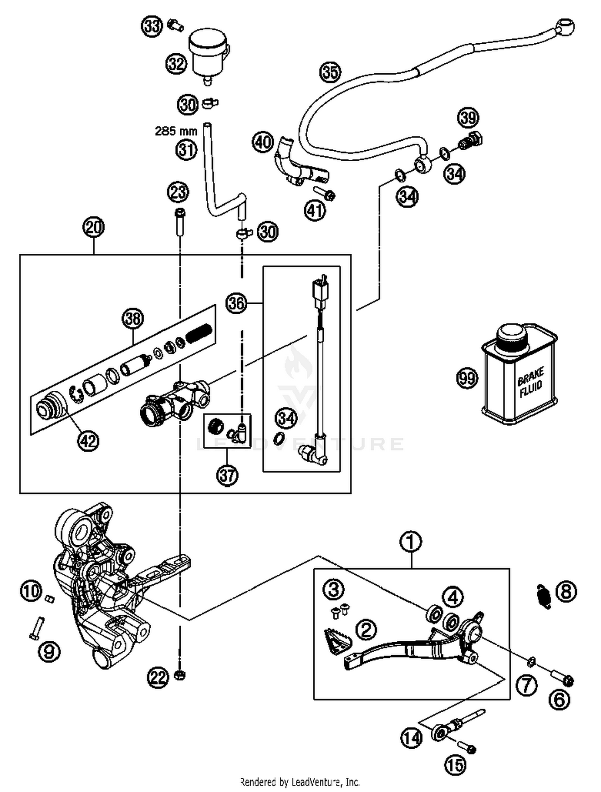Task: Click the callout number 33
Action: click(151, 26)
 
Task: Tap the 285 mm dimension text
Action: click(176, 131)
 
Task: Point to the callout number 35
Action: click(330, 72)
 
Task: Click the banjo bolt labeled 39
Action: click(472, 141)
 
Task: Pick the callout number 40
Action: click(262, 142)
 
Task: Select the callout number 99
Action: click(467, 378)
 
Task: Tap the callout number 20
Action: click(93, 227)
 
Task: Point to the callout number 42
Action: click(88, 441)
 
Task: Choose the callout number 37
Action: click(227, 475)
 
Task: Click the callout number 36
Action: click(236, 303)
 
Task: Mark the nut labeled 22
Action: click(180, 675)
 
